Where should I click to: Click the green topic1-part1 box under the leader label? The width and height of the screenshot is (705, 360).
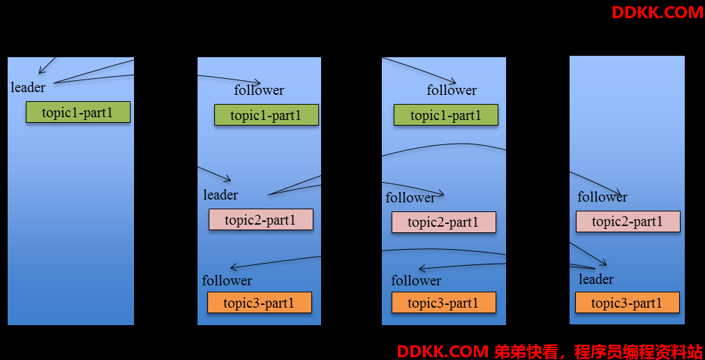tap(78, 112)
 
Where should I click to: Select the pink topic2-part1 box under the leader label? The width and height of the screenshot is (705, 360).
tap(261, 219)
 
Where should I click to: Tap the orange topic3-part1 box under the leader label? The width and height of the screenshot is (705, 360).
tap(628, 303)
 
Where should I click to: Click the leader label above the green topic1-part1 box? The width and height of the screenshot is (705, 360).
tap(28, 88)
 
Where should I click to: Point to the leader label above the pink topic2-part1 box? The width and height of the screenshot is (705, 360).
tap(221, 195)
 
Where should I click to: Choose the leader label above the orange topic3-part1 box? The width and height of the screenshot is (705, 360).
tap(596, 279)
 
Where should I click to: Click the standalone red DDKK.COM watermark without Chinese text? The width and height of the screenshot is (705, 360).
tap(658, 13)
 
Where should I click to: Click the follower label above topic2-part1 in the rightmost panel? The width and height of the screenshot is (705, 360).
tap(602, 197)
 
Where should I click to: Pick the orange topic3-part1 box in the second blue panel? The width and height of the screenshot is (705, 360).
tap(260, 303)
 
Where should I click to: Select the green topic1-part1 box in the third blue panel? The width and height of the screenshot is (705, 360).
tap(446, 114)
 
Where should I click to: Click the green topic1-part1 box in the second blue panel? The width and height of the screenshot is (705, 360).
tap(267, 114)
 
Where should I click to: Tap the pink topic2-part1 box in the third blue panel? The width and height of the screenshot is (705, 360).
tap(444, 222)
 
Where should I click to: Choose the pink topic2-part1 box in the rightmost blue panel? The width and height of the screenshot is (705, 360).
tap(628, 221)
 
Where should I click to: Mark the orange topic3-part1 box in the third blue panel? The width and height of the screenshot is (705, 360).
tap(444, 303)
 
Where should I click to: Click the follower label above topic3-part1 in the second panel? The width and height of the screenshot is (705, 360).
tap(227, 280)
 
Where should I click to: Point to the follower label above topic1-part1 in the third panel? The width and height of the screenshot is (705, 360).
tap(452, 90)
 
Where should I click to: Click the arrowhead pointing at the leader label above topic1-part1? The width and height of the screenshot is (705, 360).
tap(41, 70)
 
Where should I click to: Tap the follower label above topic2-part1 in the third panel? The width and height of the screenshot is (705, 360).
tap(410, 197)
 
